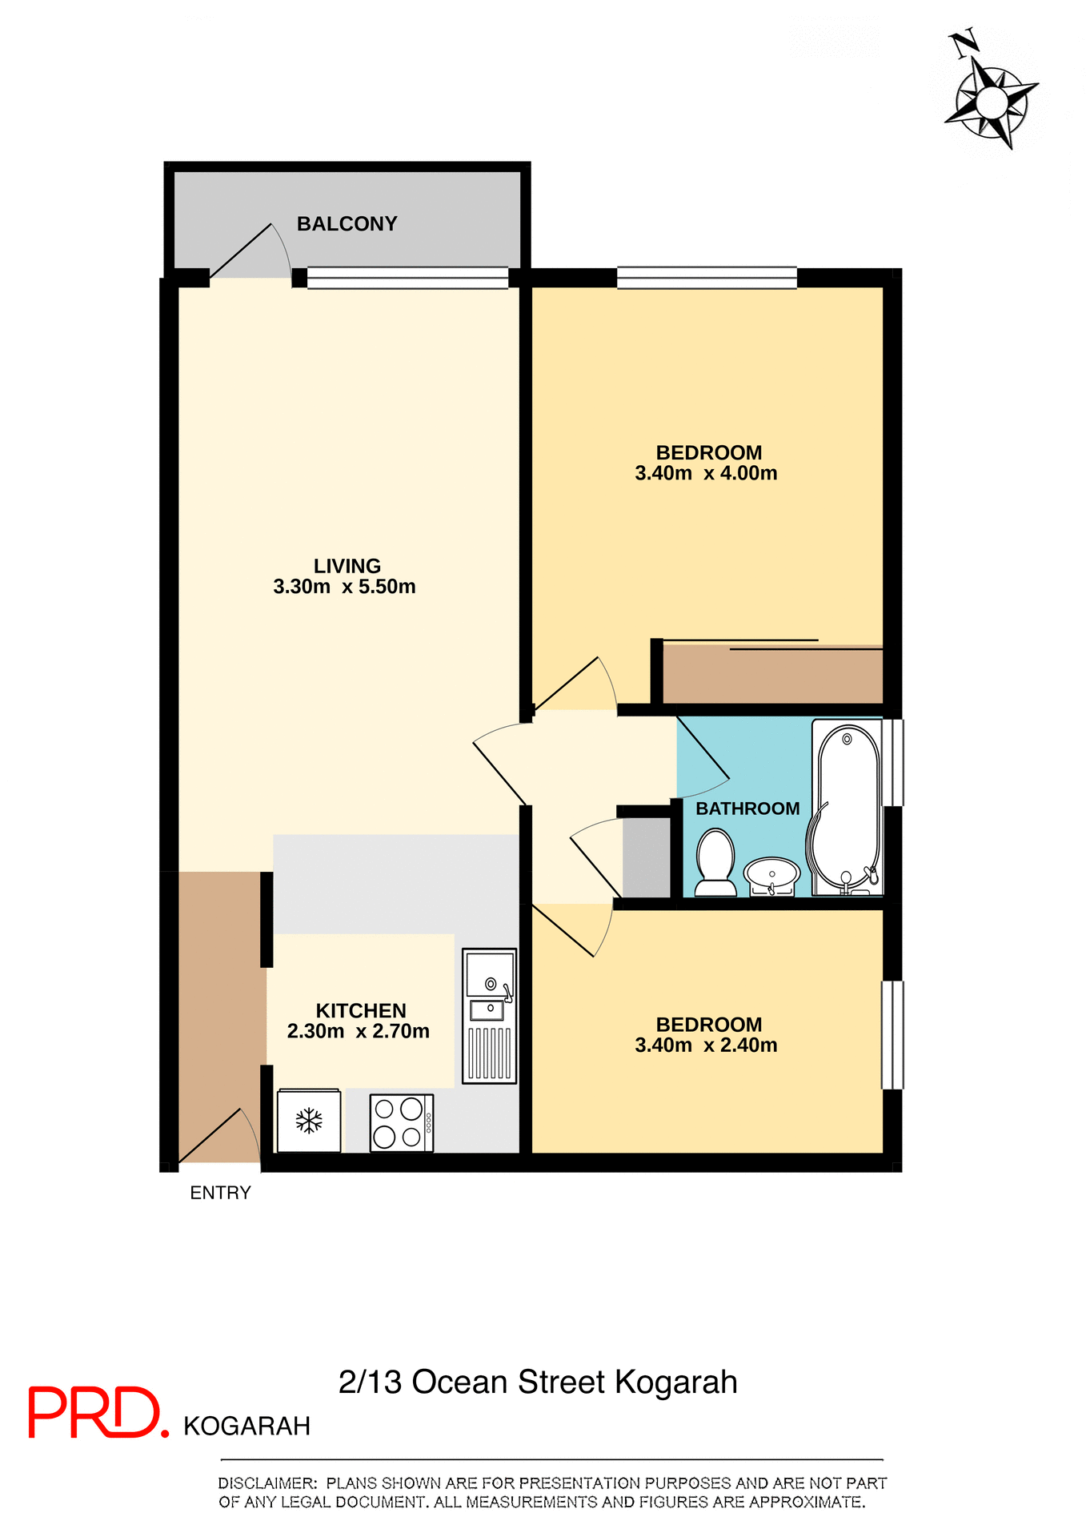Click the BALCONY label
tap(347, 224)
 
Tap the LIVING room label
tap(347, 566)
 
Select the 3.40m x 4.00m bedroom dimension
tap(706, 473)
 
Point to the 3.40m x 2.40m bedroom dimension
tap(706, 1045)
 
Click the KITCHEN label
tap(361, 1010)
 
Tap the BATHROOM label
tap(747, 809)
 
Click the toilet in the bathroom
tap(715, 863)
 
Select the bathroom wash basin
tap(771, 874)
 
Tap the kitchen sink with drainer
tap(489, 1016)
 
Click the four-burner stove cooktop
tap(401, 1123)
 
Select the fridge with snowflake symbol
tap(309, 1121)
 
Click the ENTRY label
tap(220, 1193)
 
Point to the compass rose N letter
tap(964, 43)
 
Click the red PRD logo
tap(96, 1413)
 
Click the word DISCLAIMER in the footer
tap(267, 1483)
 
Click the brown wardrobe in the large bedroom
tap(772, 675)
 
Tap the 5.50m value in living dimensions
tap(387, 587)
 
